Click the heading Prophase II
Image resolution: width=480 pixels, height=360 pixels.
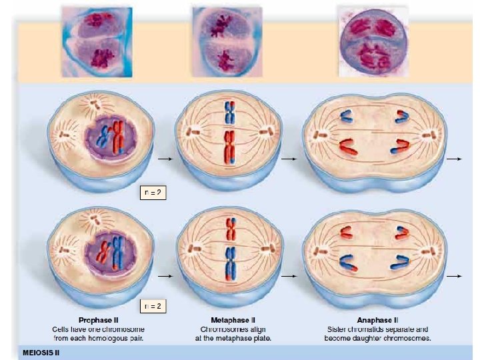point(99,320)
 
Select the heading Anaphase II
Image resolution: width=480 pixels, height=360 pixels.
point(377,320)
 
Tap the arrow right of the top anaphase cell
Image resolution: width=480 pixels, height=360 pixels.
point(454,160)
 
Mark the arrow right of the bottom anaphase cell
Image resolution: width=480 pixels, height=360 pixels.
point(454,275)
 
